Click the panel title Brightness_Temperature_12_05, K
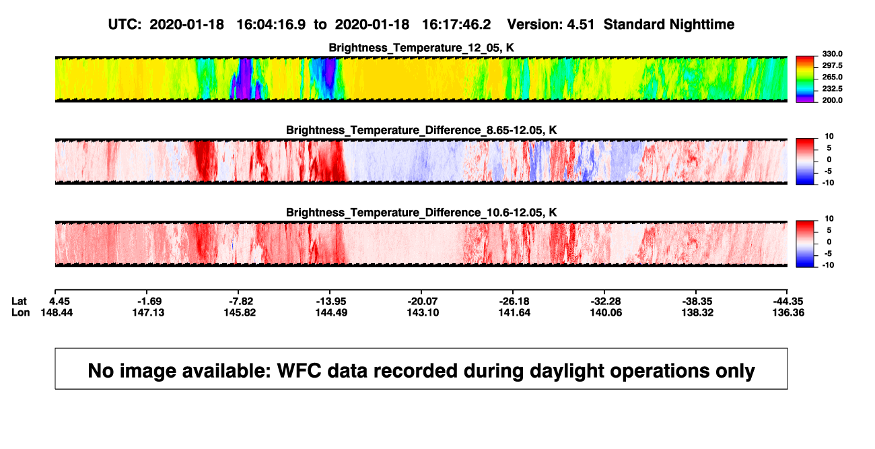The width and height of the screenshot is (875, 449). (x=421, y=48)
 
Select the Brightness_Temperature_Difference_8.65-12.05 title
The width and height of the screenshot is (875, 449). (x=421, y=130)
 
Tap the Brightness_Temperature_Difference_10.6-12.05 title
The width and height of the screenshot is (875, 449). (x=421, y=213)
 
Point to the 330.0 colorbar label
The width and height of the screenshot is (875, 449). (x=832, y=54)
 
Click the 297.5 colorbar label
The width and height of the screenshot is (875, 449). (x=832, y=65)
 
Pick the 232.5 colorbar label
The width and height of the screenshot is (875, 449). (x=832, y=89)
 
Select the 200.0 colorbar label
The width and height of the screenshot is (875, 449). (x=832, y=100)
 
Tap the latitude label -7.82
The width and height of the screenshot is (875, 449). (x=240, y=302)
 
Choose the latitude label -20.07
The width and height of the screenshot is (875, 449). (x=423, y=302)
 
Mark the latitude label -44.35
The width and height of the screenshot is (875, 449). (x=788, y=302)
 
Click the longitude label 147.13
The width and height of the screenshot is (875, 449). (x=148, y=312)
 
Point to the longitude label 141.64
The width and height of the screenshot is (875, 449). (x=514, y=312)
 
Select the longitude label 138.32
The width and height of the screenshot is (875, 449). (x=697, y=312)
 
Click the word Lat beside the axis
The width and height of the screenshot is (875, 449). (x=19, y=302)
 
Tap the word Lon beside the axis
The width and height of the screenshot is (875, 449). (x=21, y=312)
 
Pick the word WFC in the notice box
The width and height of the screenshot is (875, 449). (x=299, y=370)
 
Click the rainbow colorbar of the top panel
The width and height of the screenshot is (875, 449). (x=805, y=79)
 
